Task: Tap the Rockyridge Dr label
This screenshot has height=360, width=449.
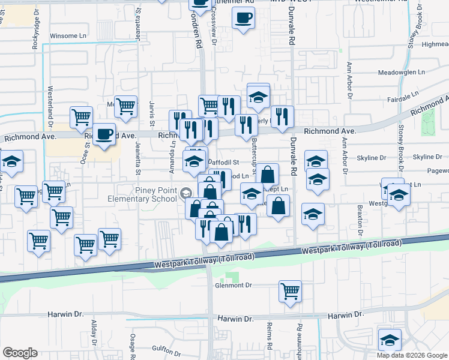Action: (36, 36)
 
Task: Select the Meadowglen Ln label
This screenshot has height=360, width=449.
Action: (401, 73)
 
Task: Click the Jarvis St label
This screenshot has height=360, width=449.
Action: (152, 110)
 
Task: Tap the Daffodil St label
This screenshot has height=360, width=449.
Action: (223, 163)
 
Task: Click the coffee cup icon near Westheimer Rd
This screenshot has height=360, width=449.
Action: (243, 19)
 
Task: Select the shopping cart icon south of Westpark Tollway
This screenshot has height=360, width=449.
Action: (290, 292)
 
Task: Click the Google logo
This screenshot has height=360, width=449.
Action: (20, 353)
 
